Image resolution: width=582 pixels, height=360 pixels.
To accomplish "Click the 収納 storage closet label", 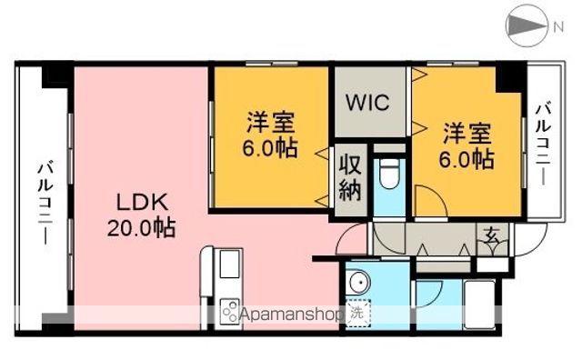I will [x=350, y=179].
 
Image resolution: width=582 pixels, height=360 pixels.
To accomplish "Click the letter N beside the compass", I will [x=557, y=27].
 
